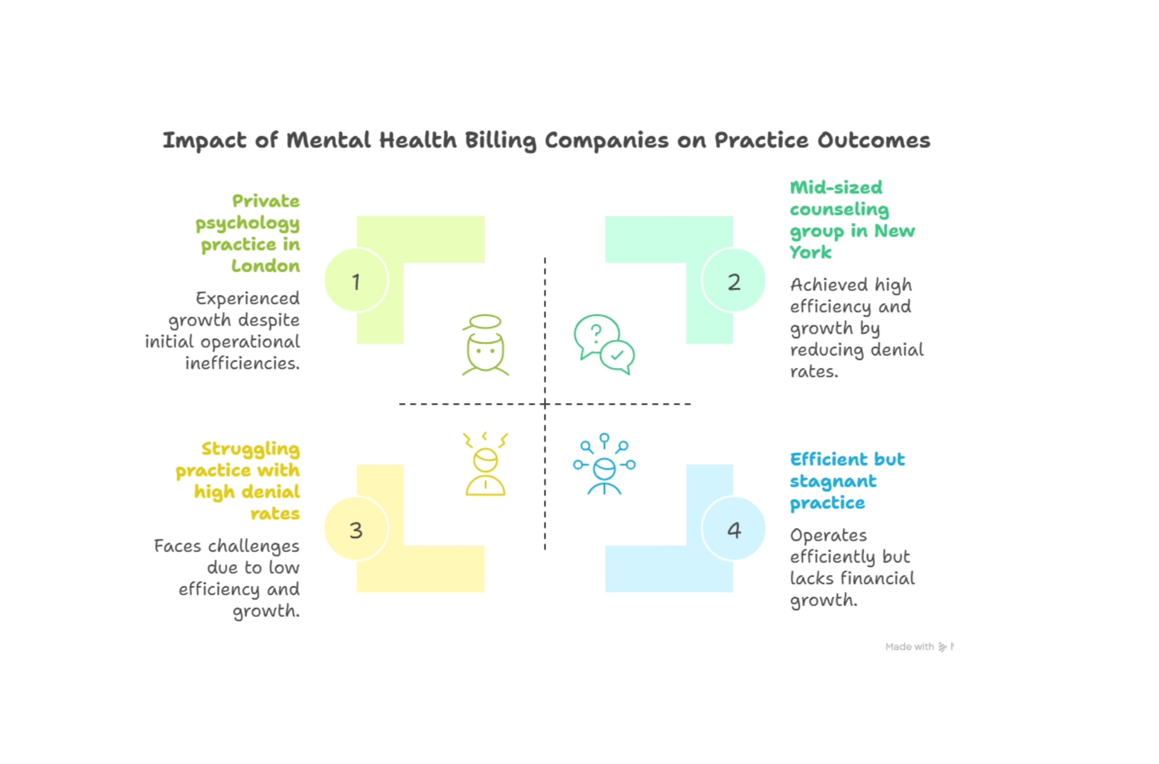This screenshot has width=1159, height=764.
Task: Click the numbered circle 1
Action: pos(356,280)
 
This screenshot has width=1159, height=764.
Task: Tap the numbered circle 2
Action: pos(733,280)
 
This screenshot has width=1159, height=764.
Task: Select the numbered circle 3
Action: pos(356,529)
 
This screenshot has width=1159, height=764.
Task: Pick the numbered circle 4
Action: pos(733,529)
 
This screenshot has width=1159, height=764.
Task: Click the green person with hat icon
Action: pos(485,345)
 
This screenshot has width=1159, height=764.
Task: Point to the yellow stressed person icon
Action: pos(485,465)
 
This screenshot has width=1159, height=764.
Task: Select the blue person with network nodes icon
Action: pos(604,465)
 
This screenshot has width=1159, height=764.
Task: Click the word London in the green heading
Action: pos(265,266)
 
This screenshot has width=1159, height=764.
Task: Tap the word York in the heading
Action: pos(810,252)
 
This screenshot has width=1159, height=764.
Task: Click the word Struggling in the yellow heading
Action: pos(250,449)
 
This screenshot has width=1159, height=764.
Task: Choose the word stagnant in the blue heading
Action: pos(832,482)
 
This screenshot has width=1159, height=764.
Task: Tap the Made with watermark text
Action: pos(909,646)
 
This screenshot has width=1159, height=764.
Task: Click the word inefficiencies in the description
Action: pos(242,363)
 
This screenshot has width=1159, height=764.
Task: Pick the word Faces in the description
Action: pos(178,546)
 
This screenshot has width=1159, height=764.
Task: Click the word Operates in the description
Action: pos(828,535)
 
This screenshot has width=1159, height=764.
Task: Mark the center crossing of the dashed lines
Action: pos(545,404)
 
